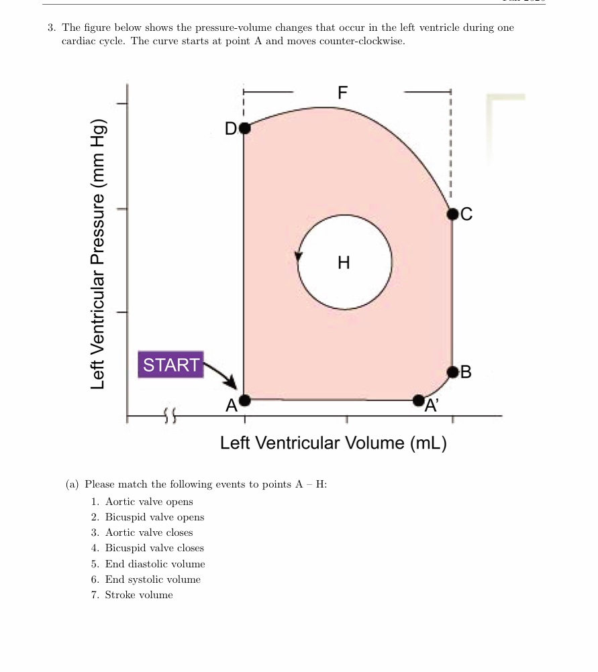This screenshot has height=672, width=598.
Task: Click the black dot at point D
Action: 244,127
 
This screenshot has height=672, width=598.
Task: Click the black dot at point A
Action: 244,400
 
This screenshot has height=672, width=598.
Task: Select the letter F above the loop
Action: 342,93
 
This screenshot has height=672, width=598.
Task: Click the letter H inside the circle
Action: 344,262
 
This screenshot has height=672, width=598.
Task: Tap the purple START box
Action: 171,365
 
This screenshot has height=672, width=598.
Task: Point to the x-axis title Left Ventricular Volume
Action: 334,443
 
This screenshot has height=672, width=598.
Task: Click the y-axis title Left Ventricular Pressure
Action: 99,255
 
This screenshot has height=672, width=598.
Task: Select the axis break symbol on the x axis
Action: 170,418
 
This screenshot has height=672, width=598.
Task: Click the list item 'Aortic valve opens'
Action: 149,502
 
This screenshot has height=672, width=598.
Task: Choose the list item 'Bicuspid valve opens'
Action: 154,517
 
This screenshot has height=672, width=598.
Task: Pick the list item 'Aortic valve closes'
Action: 149,533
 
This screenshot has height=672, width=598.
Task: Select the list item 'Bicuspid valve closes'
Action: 154,548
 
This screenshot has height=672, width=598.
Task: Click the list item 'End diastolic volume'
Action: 155,564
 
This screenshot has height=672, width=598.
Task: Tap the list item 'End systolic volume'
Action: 152,579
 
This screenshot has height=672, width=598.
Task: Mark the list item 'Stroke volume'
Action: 139,595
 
